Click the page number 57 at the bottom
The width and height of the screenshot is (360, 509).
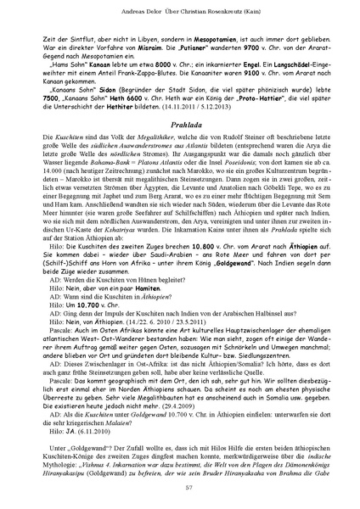[x=180, y=485]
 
